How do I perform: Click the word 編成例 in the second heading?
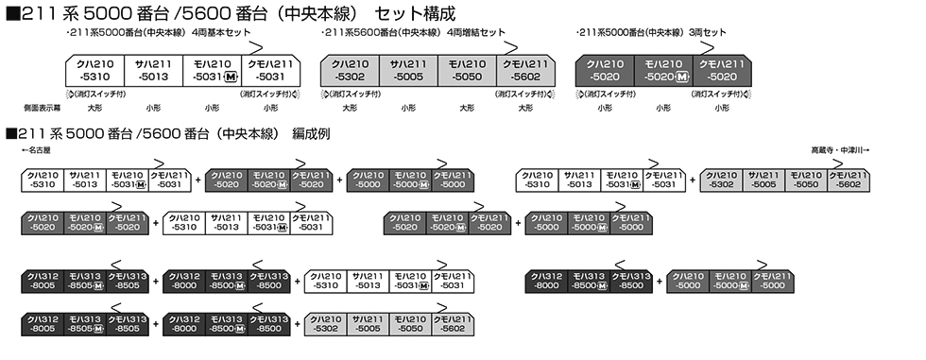coord(311,134)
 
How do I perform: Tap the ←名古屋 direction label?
coord(39,151)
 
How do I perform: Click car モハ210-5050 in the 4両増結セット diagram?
coord(467,71)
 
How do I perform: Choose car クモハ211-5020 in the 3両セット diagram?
coord(721,71)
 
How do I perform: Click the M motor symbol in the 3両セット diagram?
coord(682,77)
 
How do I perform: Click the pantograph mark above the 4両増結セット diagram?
coord(510,48)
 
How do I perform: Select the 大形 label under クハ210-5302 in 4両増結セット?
coord(350,108)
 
